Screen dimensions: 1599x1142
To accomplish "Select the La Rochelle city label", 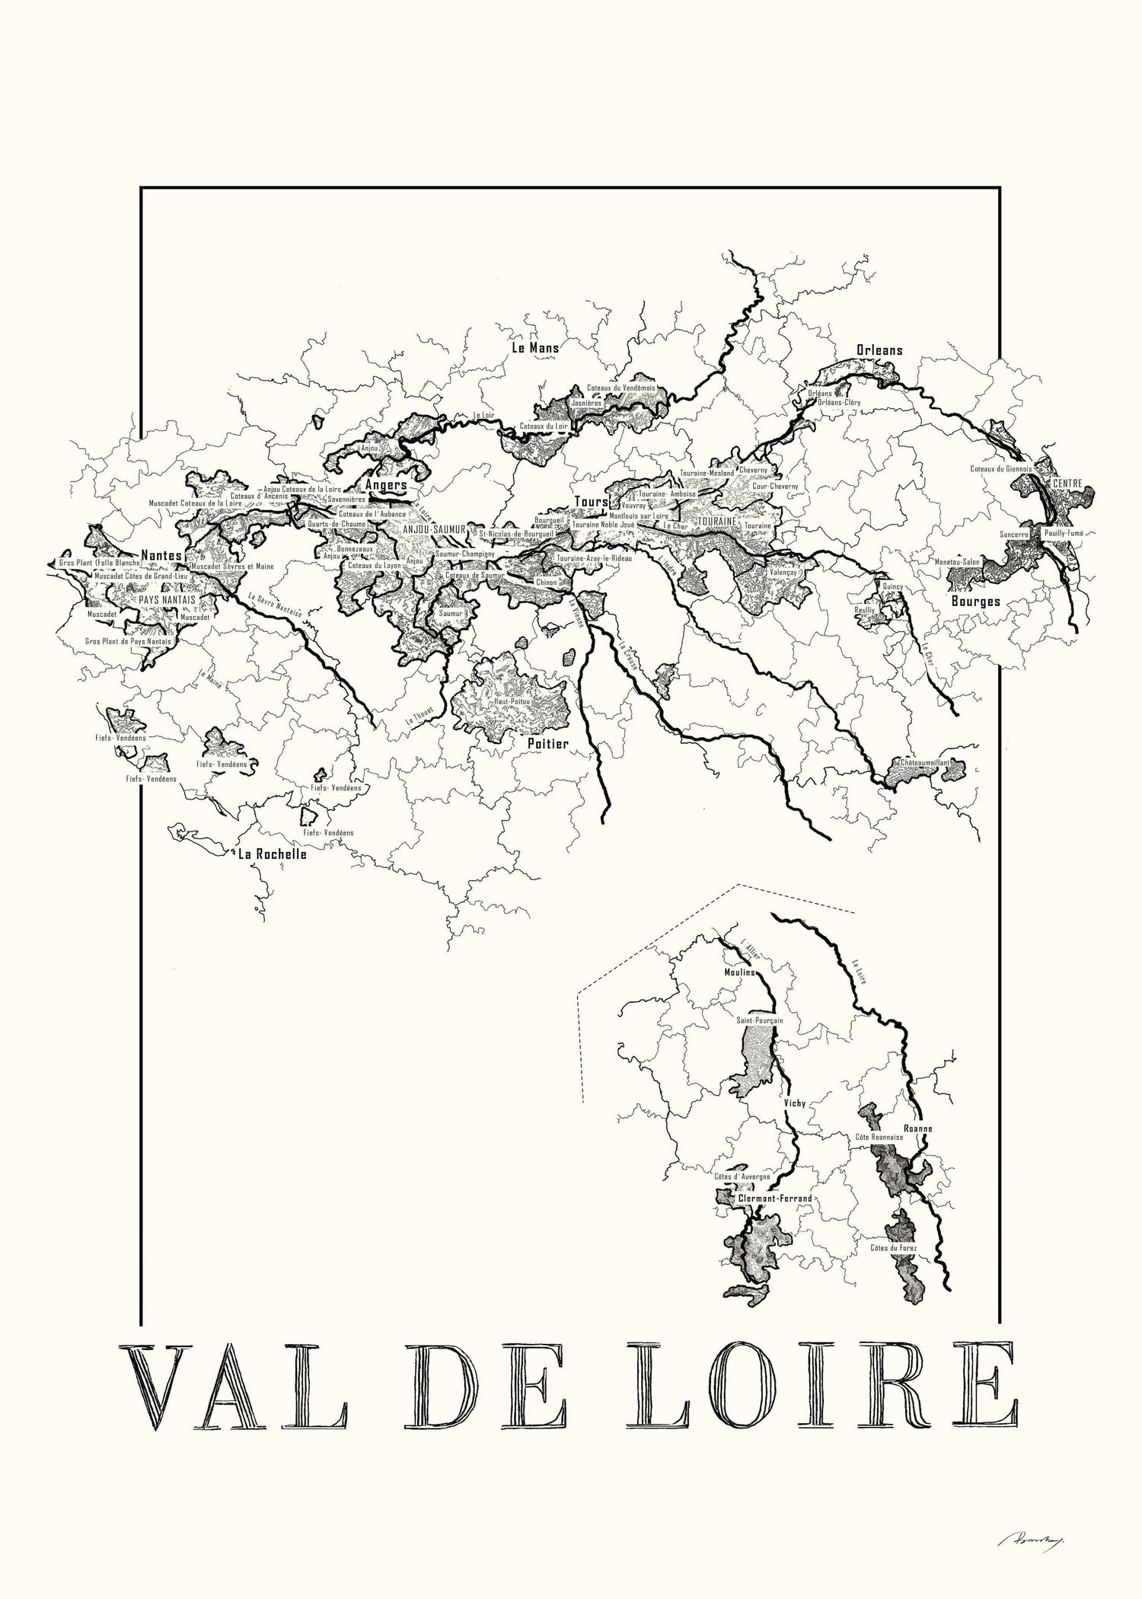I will pyautogui.click(x=272, y=854).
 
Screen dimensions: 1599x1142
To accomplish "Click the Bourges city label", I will pyautogui.click(x=975, y=601).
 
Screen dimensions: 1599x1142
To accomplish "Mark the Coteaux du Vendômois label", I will pyautogui.click(x=621, y=388).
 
